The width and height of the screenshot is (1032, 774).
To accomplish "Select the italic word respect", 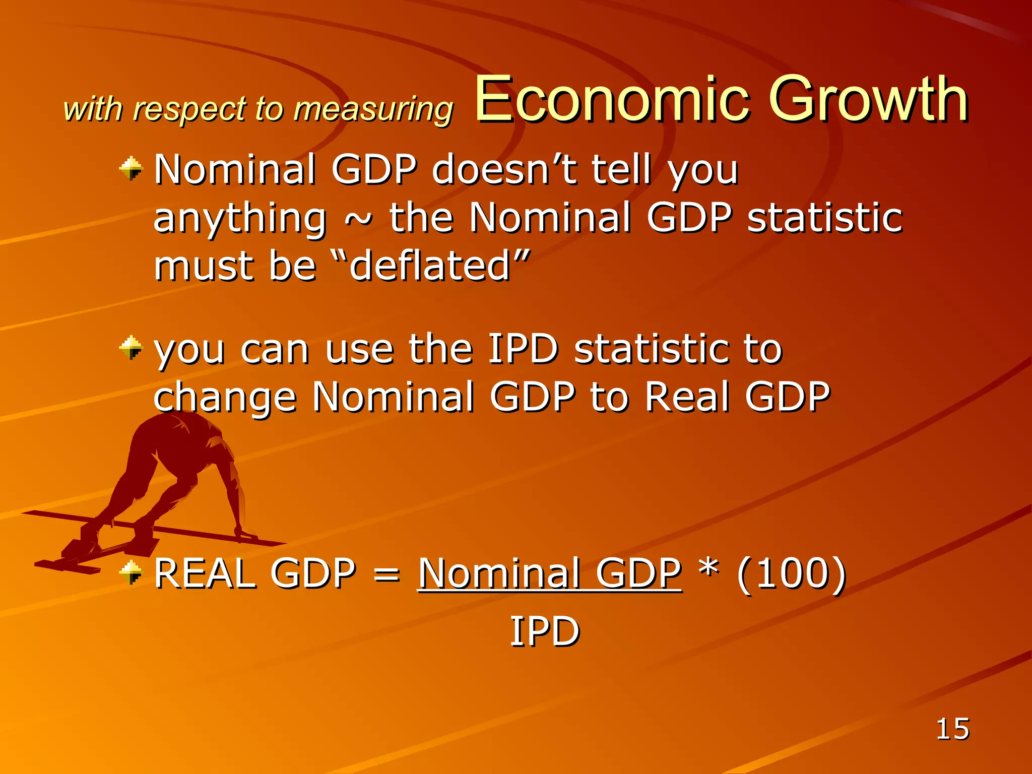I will click(189, 109).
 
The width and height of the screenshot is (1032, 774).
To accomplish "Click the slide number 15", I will click(952, 729).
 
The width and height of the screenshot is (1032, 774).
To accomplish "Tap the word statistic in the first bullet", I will click(824, 218).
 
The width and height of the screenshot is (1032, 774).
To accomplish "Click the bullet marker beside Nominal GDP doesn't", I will click(132, 168).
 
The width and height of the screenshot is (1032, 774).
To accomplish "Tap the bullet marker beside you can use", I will click(132, 348).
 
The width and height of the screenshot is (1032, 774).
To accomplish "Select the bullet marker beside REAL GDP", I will click(132, 572).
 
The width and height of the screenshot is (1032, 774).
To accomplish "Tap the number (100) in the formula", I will click(791, 573).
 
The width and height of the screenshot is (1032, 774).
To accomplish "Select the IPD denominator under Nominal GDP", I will click(545, 631).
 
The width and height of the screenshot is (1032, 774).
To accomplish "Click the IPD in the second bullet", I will click(523, 349).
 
